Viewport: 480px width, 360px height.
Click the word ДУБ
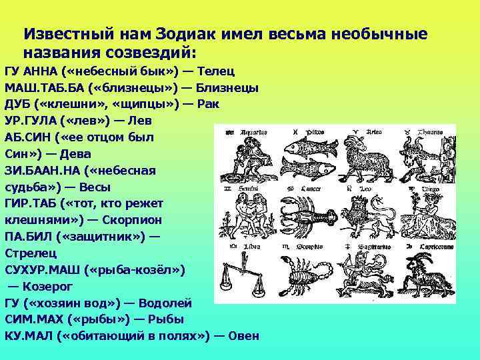tap(17, 104)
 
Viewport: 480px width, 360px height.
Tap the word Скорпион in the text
tap(133, 219)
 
